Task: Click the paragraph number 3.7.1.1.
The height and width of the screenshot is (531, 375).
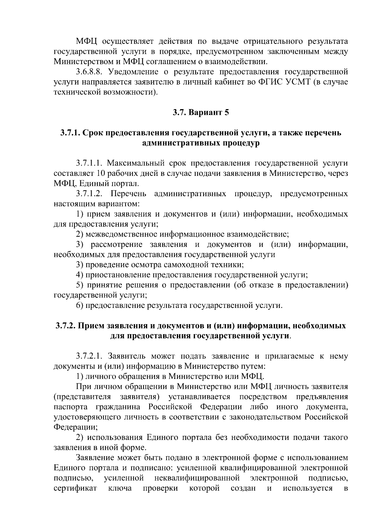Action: (x=89, y=163)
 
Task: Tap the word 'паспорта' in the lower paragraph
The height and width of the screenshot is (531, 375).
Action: (x=71, y=407)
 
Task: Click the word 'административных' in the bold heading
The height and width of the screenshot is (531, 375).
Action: (x=181, y=143)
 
